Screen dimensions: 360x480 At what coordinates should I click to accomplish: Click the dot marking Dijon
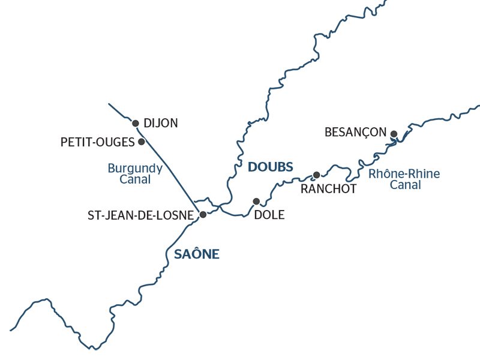[x=136, y=123]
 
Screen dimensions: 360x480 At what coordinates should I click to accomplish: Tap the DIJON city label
[x=161, y=123]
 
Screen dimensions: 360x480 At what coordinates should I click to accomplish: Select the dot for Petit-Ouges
[x=142, y=142]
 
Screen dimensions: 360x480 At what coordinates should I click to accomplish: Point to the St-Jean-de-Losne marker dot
[x=203, y=214]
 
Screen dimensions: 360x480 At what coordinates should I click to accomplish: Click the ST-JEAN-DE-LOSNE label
[x=141, y=215]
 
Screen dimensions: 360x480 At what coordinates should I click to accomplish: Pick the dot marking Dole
[x=256, y=201]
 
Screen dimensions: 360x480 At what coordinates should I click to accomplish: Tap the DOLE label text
[x=269, y=215]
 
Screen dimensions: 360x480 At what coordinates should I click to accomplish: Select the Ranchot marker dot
[x=317, y=175]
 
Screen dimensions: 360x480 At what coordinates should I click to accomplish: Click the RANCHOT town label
[x=328, y=189]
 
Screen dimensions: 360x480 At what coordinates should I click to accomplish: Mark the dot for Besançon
[x=394, y=134]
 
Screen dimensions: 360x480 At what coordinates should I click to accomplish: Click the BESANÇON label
[x=355, y=132]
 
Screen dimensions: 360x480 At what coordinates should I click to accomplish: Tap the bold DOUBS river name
[x=270, y=167]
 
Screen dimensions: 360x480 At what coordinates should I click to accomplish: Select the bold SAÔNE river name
[x=197, y=254]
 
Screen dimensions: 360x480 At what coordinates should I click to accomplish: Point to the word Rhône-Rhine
[x=404, y=174]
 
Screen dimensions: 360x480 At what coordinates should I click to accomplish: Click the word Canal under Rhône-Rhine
[x=405, y=185]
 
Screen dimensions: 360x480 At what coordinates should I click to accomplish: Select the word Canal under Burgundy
[x=135, y=179]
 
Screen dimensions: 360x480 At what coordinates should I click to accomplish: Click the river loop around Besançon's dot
[x=396, y=142]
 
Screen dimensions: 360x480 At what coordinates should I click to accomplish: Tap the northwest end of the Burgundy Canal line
[x=109, y=104]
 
